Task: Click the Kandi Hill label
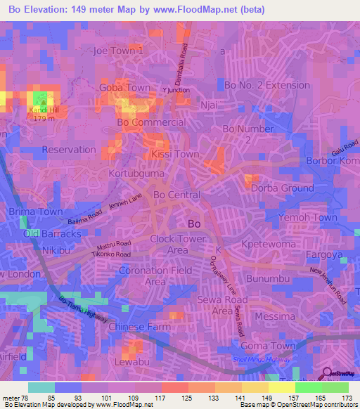click(x=41, y=110)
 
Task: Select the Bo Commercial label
click(x=151, y=122)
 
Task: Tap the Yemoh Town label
click(x=309, y=218)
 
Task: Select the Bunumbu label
click(x=267, y=279)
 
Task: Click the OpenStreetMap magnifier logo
click(x=328, y=375)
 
